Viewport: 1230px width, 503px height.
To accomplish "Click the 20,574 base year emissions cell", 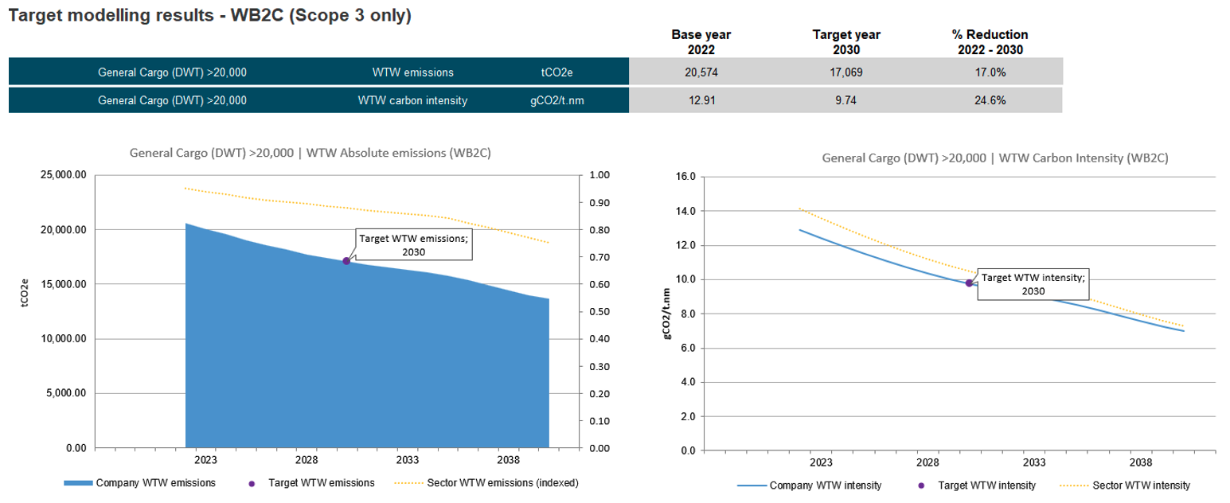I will pos(701,72).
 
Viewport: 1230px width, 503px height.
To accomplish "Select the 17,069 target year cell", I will pos(845,72).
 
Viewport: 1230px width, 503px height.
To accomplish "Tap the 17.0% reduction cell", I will pos(990,72).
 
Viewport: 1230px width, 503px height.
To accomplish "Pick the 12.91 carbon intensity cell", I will pos(701,100).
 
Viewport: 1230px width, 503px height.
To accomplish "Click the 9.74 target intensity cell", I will pos(845,100).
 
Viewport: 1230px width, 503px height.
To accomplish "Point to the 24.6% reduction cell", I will pos(990,100).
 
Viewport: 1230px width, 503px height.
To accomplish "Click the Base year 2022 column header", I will pos(701,41).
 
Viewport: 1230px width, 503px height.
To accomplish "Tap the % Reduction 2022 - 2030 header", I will pos(990,41).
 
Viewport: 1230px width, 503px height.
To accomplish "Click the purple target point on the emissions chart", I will pos(346,261).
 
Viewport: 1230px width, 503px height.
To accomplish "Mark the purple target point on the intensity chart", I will pos(969,283).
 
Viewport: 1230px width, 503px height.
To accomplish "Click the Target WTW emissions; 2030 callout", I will pos(413,244).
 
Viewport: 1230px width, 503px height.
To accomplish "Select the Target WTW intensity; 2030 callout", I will pos(1033,284).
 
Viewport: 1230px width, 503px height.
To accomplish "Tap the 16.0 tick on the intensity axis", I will pos(685,177).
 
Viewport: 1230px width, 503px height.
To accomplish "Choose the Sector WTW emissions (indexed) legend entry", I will pos(502,483).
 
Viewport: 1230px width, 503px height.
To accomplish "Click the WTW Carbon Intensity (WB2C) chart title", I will pos(994,158).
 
